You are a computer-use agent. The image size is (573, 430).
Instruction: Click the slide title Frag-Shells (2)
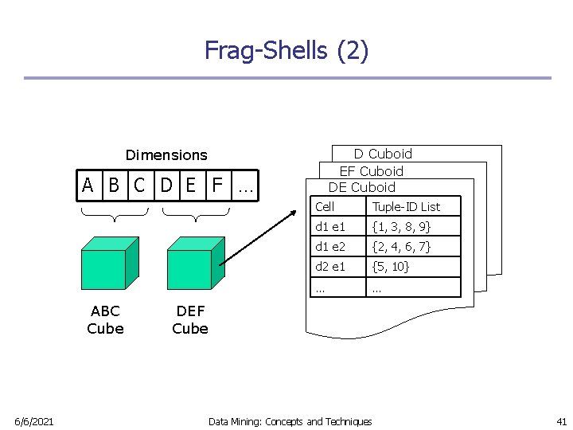coord(286,50)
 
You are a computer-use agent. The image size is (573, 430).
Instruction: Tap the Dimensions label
coord(166,155)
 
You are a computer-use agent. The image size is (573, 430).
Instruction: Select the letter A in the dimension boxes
coord(88,186)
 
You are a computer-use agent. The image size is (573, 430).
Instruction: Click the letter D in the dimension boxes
coord(166,186)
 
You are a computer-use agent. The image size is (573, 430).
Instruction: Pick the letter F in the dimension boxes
coord(216,186)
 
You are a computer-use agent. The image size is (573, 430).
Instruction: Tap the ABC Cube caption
coord(105,319)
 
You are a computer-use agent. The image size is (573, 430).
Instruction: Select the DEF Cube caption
coord(190,319)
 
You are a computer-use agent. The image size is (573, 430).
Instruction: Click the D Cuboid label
coord(383,154)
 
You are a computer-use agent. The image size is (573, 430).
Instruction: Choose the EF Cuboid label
coord(371,171)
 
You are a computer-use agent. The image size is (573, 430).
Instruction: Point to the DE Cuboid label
coord(362,187)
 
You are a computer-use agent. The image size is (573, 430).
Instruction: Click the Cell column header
coord(325,207)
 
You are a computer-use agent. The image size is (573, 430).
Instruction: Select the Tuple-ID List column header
coord(406,207)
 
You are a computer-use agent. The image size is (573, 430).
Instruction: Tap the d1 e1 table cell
coord(330,227)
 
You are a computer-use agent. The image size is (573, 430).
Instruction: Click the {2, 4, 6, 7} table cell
coord(402,247)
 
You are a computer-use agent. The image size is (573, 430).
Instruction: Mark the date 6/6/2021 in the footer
coord(33,421)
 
